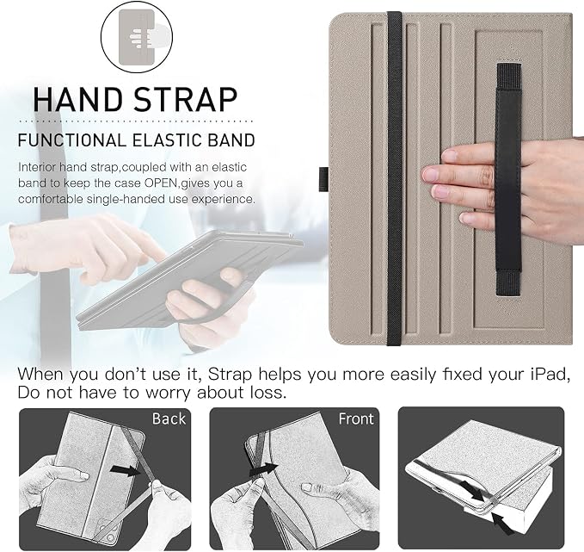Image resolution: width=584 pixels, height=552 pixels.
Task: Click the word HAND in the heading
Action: tap(77, 99)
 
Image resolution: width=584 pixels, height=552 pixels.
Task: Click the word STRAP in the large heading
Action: tap(186, 99)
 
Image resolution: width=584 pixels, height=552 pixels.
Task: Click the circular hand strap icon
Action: tap(137, 36)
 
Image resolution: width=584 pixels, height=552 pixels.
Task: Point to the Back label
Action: tap(169, 419)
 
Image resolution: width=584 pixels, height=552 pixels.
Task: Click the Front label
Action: tap(356, 419)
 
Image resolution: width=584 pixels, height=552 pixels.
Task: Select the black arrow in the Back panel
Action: tap(126, 470)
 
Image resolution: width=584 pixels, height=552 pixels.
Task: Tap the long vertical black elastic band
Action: tap(394, 178)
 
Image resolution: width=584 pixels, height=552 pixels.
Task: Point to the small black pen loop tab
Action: tap(323, 178)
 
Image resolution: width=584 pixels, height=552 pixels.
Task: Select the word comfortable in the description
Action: tap(51, 199)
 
